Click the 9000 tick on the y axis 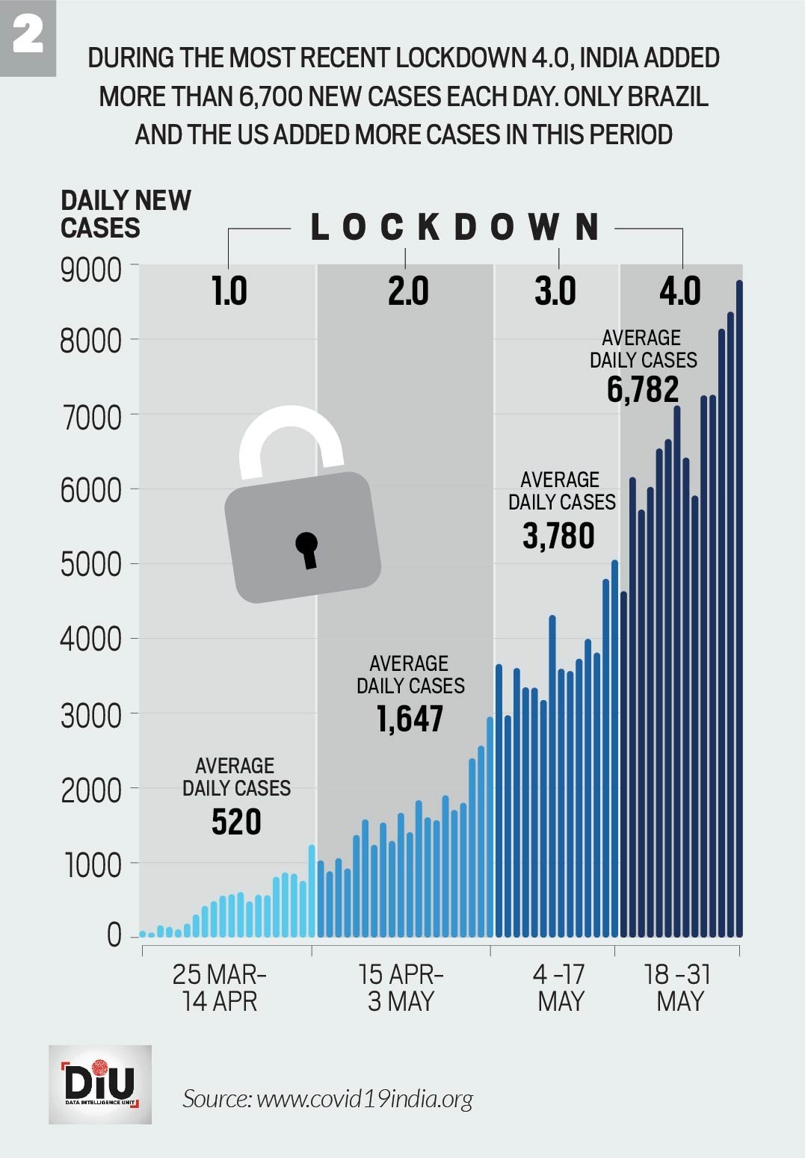[x=90, y=270]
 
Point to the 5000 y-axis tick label [x=90, y=565]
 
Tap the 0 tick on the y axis [x=114, y=935]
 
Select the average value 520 [x=236, y=822]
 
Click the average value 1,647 [x=410, y=719]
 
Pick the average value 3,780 [x=558, y=536]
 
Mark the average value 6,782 [x=643, y=389]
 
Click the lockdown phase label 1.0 [x=229, y=291]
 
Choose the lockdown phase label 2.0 [x=407, y=291]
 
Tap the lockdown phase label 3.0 [x=555, y=291]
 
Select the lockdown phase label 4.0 [x=679, y=291]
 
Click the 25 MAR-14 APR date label [x=219, y=987]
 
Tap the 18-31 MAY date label [x=678, y=987]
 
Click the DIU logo [x=100, y=1084]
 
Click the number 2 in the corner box [x=28, y=35]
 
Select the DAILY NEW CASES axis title [x=125, y=214]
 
